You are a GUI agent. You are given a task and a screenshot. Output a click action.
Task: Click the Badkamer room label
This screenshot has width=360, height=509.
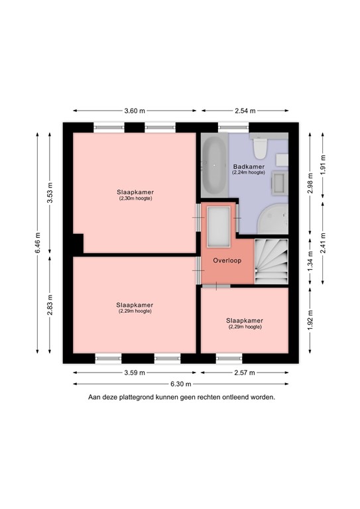[249, 166]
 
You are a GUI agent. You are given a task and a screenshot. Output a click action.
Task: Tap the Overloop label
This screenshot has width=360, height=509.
[227, 260]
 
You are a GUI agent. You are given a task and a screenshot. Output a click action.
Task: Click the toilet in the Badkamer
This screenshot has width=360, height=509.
[261, 145]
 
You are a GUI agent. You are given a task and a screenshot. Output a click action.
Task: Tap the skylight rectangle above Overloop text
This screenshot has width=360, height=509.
[218, 225]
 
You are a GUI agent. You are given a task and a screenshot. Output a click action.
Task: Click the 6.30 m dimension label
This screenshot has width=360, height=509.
[180, 384]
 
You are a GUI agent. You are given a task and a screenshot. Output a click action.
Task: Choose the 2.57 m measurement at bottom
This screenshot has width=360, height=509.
[245, 372]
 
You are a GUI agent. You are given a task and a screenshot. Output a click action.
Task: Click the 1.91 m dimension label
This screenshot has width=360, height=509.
[323, 162]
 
